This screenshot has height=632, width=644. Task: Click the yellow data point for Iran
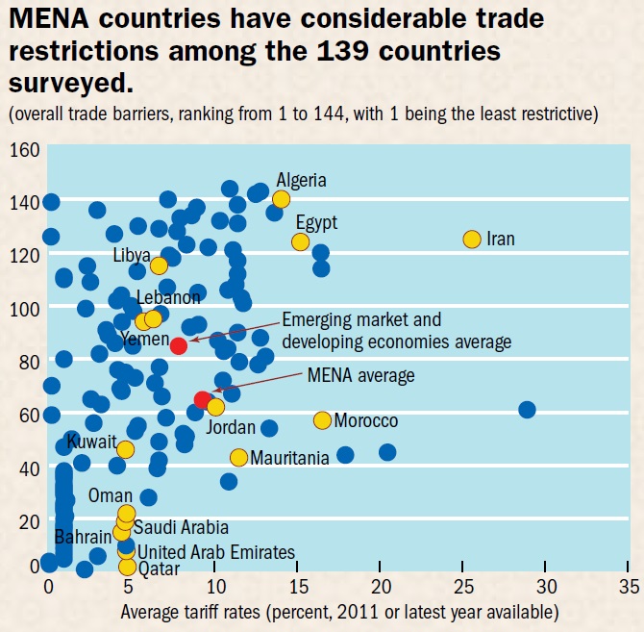[x=471, y=239]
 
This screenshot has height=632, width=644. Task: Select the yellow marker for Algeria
[x=281, y=199]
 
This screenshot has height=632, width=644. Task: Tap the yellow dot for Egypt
[x=300, y=241]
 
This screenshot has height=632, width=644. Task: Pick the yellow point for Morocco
[x=322, y=420]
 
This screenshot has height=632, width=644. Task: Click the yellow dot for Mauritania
[x=238, y=457]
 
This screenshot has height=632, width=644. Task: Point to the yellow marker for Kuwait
[x=125, y=449]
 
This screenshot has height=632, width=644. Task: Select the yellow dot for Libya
[x=159, y=265]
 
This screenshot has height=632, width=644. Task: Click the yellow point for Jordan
[x=215, y=407]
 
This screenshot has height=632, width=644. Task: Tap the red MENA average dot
[x=202, y=400]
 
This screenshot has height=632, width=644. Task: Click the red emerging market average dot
[x=178, y=345]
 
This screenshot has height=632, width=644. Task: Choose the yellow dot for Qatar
[x=127, y=567]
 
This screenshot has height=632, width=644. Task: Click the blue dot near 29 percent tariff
[x=527, y=409]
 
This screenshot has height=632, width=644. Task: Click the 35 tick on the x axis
[x=630, y=585]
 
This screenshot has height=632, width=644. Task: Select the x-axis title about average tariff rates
[x=339, y=611]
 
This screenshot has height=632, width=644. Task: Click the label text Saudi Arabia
[x=181, y=527]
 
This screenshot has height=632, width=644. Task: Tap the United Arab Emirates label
[x=215, y=552]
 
